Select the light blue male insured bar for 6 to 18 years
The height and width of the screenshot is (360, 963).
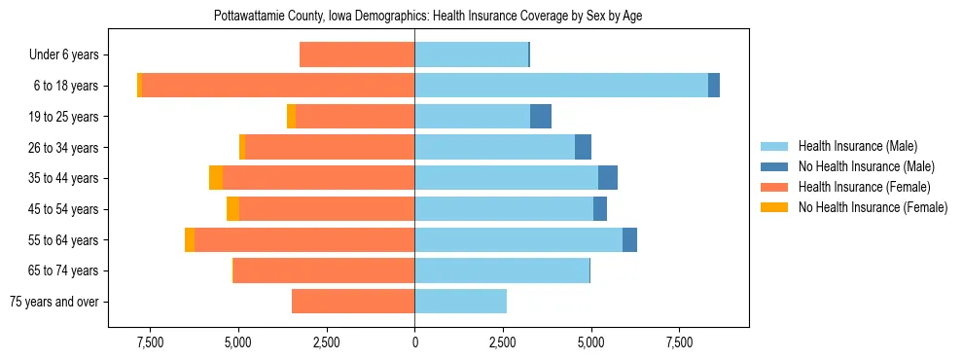(561, 86)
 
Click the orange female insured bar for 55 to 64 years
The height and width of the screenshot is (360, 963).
(304, 240)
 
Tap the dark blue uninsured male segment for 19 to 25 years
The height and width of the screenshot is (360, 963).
(541, 117)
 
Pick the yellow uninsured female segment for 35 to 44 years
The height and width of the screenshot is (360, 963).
(216, 178)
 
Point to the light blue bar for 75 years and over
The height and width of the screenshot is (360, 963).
(460, 302)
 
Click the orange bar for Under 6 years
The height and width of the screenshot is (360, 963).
(357, 54)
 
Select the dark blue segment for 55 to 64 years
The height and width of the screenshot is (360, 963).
(629, 240)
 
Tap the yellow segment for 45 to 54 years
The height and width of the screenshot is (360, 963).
(232, 209)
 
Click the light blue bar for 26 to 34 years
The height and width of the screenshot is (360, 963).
(494, 147)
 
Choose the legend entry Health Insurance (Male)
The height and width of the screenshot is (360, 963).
(857, 146)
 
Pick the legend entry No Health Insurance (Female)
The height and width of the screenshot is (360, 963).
(873, 207)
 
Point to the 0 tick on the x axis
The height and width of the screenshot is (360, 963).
(414, 342)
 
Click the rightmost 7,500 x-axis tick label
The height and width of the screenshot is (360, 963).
(679, 342)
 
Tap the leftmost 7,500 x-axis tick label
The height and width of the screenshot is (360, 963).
(150, 342)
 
